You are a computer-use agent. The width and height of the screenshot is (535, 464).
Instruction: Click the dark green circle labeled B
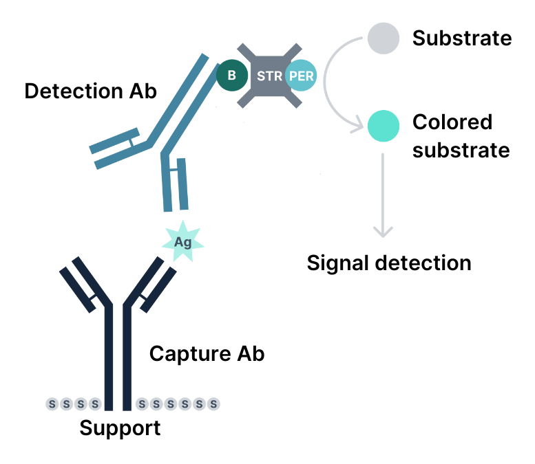pos(232,76)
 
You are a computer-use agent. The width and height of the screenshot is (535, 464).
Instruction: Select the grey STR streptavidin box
pos(269,76)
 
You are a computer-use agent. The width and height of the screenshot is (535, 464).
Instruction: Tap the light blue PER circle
pos(301,76)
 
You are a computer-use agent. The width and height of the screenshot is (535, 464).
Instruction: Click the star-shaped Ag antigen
pos(182,241)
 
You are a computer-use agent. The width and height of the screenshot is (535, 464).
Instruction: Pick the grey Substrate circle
pos(383,38)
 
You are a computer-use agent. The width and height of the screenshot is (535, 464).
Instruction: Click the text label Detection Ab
pos(90,91)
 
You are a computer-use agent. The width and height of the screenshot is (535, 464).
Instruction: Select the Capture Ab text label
pos(207,354)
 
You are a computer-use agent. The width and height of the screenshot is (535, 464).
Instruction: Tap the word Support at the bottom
pos(120,428)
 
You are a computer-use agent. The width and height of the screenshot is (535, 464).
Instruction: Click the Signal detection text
pos(389,263)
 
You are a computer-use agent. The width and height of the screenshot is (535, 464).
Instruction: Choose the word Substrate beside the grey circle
pos(462,38)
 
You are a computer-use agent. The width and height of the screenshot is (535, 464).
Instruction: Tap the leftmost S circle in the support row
pos(52,404)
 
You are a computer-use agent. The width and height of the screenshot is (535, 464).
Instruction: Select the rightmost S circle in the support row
pos(214,404)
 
